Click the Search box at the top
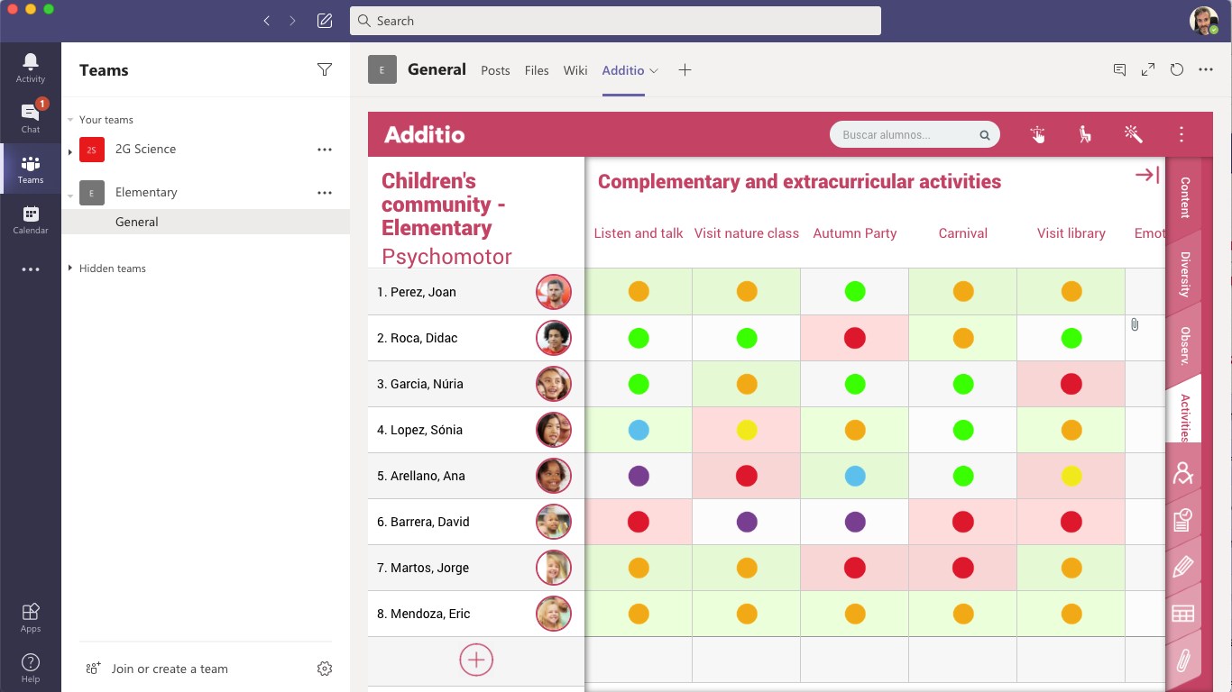coord(615,21)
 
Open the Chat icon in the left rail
coord(31,116)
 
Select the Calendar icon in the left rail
coord(31,219)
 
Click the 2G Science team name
coord(145,150)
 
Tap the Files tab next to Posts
coord(537,70)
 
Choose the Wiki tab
coord(575,70)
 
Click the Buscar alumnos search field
coord(906,135)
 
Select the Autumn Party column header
coord(855,233)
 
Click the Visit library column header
coord(1071,233)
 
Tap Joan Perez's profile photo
coord(554,292)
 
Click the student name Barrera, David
coord(429,522)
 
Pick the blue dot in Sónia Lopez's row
coord(639,430)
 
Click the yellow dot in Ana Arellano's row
coord(1071,476)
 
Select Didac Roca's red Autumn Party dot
coord(855,338)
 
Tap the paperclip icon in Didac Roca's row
coord(1135,324)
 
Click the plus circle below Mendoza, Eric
coord(476,660)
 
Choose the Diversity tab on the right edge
coord(1184,275)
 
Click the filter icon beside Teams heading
coord(325,70)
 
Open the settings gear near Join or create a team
coord(325,669)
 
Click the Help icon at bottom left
coord(31,667)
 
